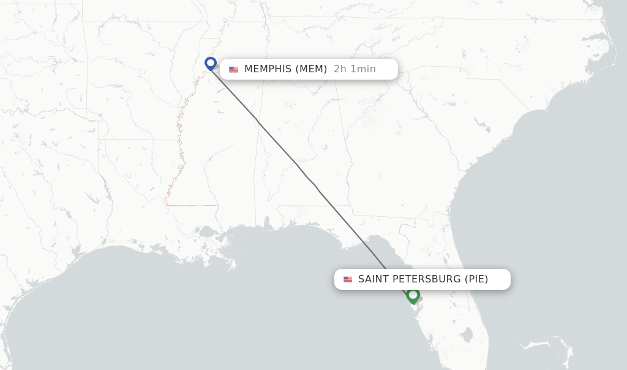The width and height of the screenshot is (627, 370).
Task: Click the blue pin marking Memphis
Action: (211, 63)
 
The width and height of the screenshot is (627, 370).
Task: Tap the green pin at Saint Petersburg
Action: (413, 295)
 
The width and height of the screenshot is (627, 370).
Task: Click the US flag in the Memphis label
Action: (233, 69)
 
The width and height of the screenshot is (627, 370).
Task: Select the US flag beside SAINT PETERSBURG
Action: (348, 279)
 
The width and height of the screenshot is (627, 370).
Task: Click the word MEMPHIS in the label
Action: (268, 69)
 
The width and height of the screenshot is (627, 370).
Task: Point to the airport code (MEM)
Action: (311, 69)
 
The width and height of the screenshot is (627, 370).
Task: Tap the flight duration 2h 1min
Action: (355, 69)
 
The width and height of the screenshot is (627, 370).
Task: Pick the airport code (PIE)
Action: (476, 279)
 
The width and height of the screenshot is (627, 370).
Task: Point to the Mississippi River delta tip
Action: (233, 267)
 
